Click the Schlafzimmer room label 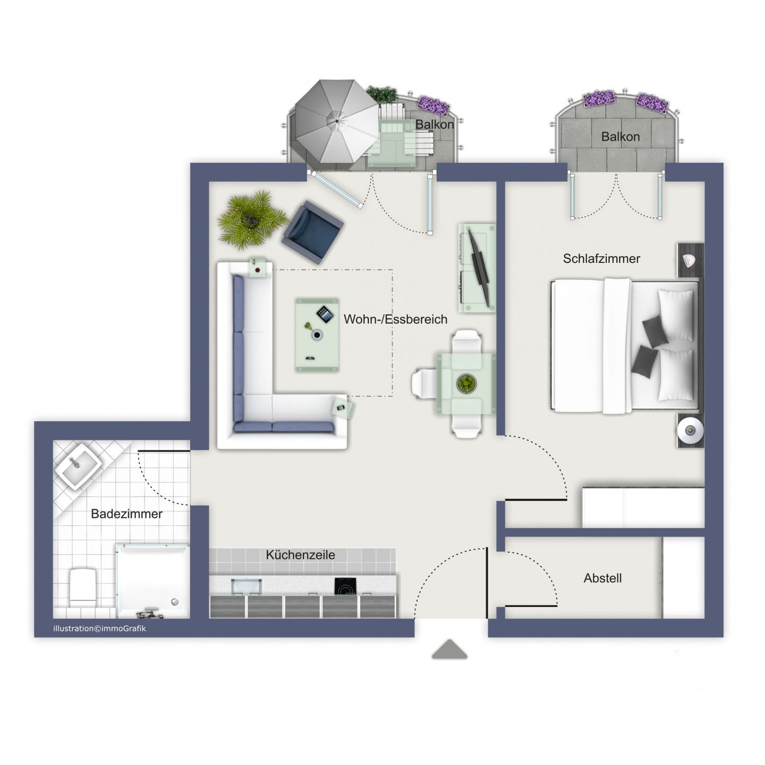tap(601, 259)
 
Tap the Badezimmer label tap(126, 514)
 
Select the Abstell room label tap(602, 578)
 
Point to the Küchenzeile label tap(300, 555)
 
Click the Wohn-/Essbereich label tap(395, 319)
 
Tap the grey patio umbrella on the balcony tap(337, 121)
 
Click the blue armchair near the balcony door tap(312, 232)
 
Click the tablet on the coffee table tap(325, 314)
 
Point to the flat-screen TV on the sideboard tap(480, 267)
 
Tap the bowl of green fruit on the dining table tap(466, 384)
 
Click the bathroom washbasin tap(78, 466)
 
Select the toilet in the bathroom tap(82, 588)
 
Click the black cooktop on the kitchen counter tap(345, 586)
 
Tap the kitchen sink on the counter tap(246, 586)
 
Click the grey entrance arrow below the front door tap(449, 650)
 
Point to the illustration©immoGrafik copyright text tap(100, 628)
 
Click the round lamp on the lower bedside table tap(691, 430)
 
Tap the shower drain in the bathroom tap(175, 602)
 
